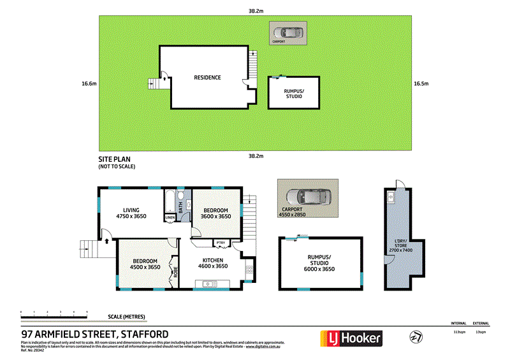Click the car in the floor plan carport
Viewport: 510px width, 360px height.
point(308,197)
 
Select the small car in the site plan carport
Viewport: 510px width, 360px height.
point(288,32)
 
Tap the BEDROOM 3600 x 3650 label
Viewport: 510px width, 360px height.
point(215,213)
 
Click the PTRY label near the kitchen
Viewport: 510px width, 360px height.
point(221,243)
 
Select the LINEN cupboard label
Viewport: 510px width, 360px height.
point(170,218)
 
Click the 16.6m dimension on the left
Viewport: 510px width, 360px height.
point(89,83)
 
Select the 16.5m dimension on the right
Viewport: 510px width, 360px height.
point(421,83)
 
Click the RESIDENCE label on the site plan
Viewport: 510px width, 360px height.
point(207,78)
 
